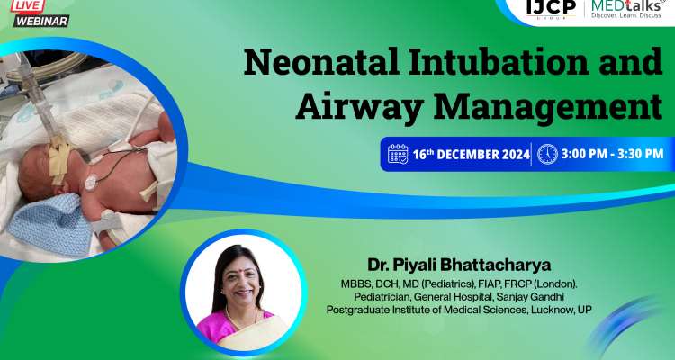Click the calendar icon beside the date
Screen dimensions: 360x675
point(397,154)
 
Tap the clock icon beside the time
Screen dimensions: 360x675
point(546,154)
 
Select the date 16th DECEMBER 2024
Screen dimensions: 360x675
point(469,154)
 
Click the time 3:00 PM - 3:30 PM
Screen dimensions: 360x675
point(611,154)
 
